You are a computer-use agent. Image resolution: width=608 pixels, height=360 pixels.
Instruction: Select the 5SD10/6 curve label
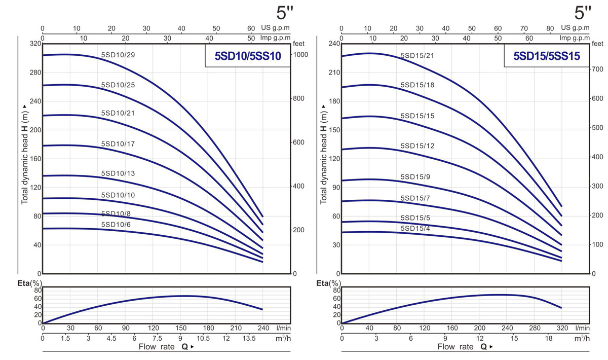[116, 224]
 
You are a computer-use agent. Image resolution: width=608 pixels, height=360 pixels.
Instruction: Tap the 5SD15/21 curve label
[417, 55]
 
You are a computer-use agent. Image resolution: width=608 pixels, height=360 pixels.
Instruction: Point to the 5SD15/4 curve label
[415, 228]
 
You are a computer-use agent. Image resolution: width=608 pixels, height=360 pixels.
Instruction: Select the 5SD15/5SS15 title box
[547, 56]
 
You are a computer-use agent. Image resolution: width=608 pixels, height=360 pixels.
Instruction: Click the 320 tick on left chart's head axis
[34, 44]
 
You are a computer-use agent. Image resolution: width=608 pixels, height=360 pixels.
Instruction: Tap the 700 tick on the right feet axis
[598, 68]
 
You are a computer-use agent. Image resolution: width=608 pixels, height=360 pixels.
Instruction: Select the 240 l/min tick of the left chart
[262, 328]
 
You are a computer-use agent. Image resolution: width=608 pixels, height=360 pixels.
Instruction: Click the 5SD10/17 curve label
[118, 144]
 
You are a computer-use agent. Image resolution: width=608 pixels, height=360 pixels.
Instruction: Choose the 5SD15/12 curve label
[417, 146]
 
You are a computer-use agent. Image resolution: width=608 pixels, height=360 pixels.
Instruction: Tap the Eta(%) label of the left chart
[30, 283]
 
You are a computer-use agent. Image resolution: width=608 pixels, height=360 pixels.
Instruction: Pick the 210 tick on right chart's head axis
[334, 73]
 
